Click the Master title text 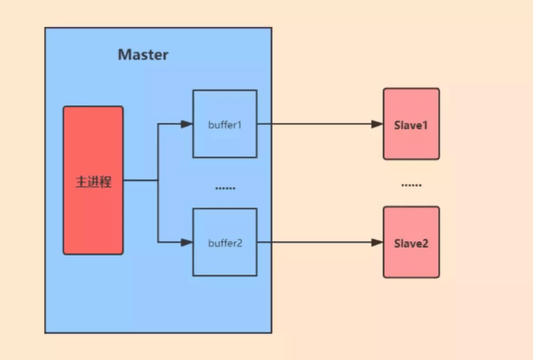[143, 55]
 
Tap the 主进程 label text [93, 183]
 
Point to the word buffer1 [225, 124]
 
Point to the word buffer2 [225, 242]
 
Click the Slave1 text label [411, 125]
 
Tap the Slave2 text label [411, 242]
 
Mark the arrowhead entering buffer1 [186, 124]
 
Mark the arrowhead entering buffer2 [186, 242]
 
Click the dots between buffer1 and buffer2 [225, 187]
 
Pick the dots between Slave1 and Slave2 [411, 185]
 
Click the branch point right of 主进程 [158, 181]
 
